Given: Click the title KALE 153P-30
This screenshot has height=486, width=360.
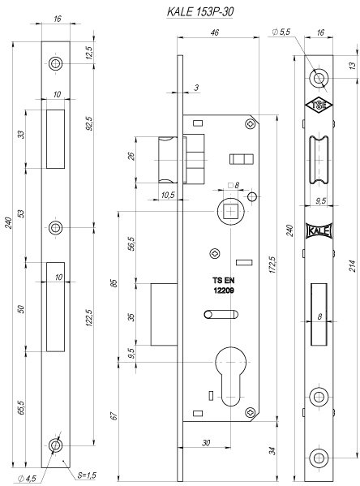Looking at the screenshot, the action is pyautogui.click(x=199, y=12).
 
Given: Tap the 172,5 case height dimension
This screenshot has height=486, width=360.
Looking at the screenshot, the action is pyautogui.click(x=272, y=265).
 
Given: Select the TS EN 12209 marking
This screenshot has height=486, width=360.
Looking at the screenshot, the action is pyautogui.click(x=223, y=286).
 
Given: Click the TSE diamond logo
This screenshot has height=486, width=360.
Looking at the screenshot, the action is pyautogui.click(x=319, y=105).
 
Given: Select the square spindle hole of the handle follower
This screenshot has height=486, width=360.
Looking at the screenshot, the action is pyautogui.click(x=231, y=212).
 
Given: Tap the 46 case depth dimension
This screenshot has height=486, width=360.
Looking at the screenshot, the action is pyautogui.click(x=214, y=32).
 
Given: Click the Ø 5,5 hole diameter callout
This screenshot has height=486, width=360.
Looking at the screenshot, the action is pyautogui.click(x=281, y=32).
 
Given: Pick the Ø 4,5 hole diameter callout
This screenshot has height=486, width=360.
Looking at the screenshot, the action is pyautogui.click(x=27, y=478).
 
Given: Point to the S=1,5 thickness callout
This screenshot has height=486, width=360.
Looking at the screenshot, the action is pyautogui.click(x=87, y=475).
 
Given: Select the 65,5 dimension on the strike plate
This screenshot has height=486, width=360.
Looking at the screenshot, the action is pyautogui.click(x=21, y=407).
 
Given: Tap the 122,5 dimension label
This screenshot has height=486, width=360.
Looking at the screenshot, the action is pyautogui.click(x=89, y=318).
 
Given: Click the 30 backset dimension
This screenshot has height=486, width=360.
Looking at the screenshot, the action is pyautogui.click(x=206, y=443).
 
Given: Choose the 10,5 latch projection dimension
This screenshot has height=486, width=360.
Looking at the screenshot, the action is pyautogui.click(x=168, y=195).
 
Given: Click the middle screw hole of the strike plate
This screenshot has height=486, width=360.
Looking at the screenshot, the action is pyautogui.click(x=55, y=228).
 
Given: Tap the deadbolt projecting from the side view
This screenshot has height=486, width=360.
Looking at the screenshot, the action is pyautogui.click(x=164, y=314).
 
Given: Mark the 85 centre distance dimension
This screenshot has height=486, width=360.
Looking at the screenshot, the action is pyautogui.click(x=114, y=283).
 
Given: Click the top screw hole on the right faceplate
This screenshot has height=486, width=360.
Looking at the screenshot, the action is pyautogui.click(x=319, y=78).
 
